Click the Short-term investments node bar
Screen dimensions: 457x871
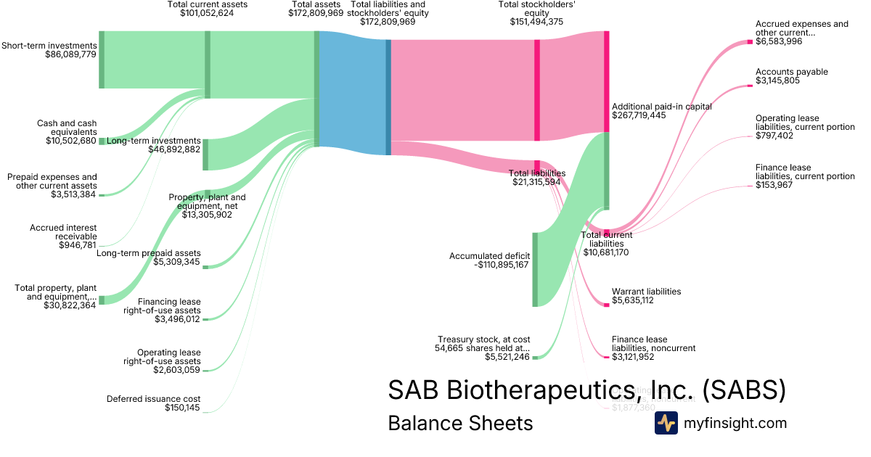click(x=102, y=60)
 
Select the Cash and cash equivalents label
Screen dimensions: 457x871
click(x=67, y=128)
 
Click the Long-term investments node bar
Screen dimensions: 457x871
click(x=205, y=155)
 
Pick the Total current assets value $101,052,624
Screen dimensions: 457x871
click(x=207, y=13)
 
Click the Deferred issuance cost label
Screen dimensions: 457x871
click(x=153, y=399)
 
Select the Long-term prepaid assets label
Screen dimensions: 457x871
click(x=149, y=252)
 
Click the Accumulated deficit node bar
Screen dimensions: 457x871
click(x=535, y=269)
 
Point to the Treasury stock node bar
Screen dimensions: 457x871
click(x=535, y=357)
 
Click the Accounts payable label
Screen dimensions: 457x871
click(x=791, y=72)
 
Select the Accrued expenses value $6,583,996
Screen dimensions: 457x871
click(x=779, y=42)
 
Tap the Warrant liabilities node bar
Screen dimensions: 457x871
click(x=606, y=304)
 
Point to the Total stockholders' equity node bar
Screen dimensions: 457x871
click(x=537, y=90)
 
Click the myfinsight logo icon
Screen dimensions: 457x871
click(x=666, y=423)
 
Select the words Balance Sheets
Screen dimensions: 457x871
click(x=460, y=424)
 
